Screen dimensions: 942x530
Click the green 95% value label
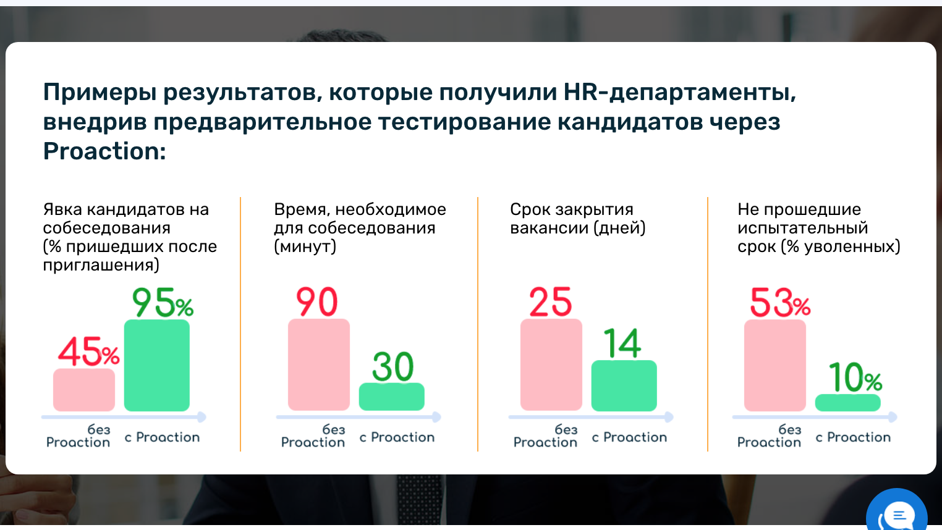[x=163, y=302]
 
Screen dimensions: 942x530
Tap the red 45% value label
[x=89, y=351]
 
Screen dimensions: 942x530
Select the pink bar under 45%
[x=84, y=390]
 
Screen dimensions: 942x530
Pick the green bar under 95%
[x=157, y=365]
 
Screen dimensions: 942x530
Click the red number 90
[x=316, y=301]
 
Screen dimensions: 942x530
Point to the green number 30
[x=392, y=366]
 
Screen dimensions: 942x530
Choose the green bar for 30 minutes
[x=391, y=397]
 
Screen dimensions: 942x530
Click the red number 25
[x=551, y=301]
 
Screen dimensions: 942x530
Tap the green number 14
[x=622, y=343]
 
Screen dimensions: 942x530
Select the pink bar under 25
[x=551, y=364]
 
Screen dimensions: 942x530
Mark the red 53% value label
[x=780, y=302]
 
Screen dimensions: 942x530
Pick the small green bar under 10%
[x=848, y=402]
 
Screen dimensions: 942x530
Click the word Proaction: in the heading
[x=104, y=151]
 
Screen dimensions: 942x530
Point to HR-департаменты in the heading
[x=679, y=93]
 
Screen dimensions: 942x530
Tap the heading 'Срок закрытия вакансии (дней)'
[x=577, y=219]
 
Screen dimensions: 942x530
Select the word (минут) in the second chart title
[x=305, y=246]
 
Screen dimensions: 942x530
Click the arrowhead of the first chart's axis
[x=202, y=417]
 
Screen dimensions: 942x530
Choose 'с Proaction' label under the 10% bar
[x=853, y=437]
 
